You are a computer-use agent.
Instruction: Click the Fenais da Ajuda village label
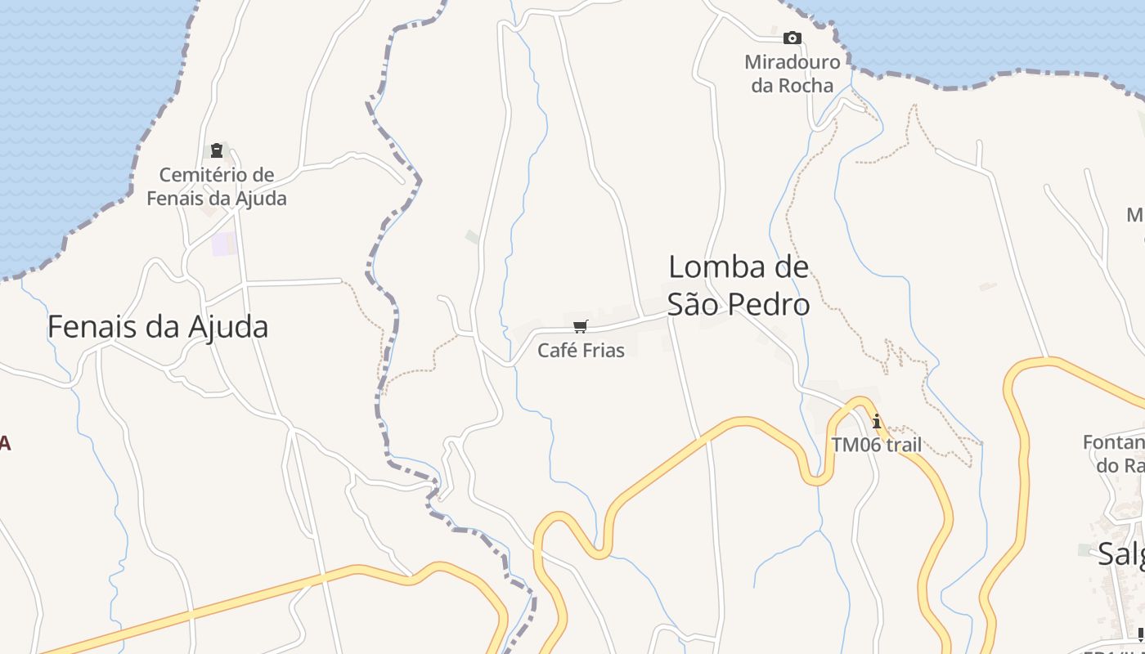pyautogui.click(x=158, y=327)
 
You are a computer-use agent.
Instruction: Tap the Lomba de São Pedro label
pyautogui.click(x=739, y=285)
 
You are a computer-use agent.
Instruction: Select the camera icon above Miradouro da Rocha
pyautogui.click(x=792, y=38)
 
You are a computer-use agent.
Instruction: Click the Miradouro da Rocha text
pyautogui.click(x=792, y=74)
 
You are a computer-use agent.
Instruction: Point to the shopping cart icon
pyautogui.click(x=581, y=327)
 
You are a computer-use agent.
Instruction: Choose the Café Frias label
pyautogui.click(x=581, y=351)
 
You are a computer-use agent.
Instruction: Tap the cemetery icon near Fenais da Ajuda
pyautogui.click(x=217, y=150)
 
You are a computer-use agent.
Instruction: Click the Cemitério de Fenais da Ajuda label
pyautogui.click(x=217, y=186)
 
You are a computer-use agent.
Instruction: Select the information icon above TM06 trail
pyautogui.click(x=877, y=422)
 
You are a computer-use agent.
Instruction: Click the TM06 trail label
pyautogui.click(x=877, y=446)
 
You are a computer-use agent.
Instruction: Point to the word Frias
pyautogui.click(x=604, y=351)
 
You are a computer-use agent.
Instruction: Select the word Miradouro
pyautogui.click(x=792, y=62)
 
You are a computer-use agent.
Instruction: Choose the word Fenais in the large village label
pyautogui.click(x=92, y=327)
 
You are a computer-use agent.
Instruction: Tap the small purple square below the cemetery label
pyautogui.click(x=222, y=244)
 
